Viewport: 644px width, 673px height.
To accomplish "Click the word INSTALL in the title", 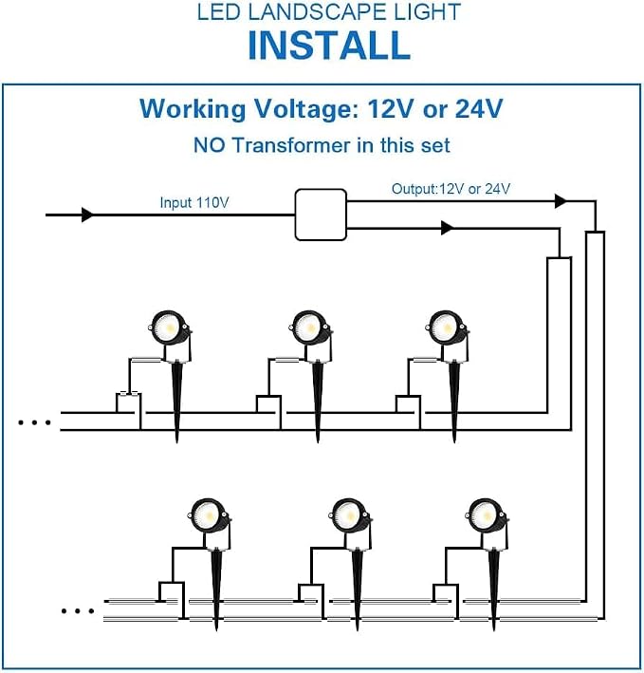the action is [329, 45].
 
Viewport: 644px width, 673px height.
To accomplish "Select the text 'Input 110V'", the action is [194, 202].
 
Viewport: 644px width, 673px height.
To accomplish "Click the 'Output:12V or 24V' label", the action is [451, 189].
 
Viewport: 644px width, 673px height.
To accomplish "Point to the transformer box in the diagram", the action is [321, 215].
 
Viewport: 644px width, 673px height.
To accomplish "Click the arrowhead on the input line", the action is [88, 215].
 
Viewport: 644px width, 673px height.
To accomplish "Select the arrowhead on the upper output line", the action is [561, 201].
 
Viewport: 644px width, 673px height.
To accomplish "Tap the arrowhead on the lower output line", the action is [448, 228].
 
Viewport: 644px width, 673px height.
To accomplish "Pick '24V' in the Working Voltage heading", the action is [479, 108].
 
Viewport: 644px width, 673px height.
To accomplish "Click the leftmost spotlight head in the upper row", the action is [170, 327].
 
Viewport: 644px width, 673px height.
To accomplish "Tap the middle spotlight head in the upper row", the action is [310, 327].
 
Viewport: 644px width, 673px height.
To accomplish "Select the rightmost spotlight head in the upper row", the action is [448, 327].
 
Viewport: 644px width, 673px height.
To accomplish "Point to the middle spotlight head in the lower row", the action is [349, 516].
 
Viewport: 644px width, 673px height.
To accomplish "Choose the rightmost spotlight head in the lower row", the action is [487, 516].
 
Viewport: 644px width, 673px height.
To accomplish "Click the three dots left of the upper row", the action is [34, 422].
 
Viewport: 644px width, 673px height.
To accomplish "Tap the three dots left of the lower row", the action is [78, 610].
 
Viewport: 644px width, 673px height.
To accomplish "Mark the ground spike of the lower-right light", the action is [493, 590].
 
